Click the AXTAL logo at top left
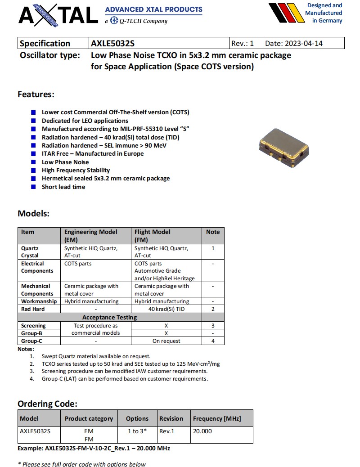click(x=58, y=14)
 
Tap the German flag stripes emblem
click(x=285, y=13)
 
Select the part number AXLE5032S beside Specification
click(x=112, y=43)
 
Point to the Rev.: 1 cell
click(x=243, y=43)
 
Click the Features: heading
click(x=36, y=94)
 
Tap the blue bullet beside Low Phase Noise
click(x=33, y=162)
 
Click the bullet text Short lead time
click(x=63, y=187)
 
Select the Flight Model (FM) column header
click(x=153, y=235)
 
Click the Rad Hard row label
click(x=33, y=309)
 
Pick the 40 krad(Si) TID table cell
click(x=166, y=309)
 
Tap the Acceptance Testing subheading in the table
click(x=110, y=317)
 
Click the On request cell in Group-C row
click(x=166, y=341)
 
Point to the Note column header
click(x=213, y=232)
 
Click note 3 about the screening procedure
click(x=125, y=371)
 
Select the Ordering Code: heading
click(x=47, y=404)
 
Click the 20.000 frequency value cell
click(x=202, y=431)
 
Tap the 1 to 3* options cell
click(x=137, y=431)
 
